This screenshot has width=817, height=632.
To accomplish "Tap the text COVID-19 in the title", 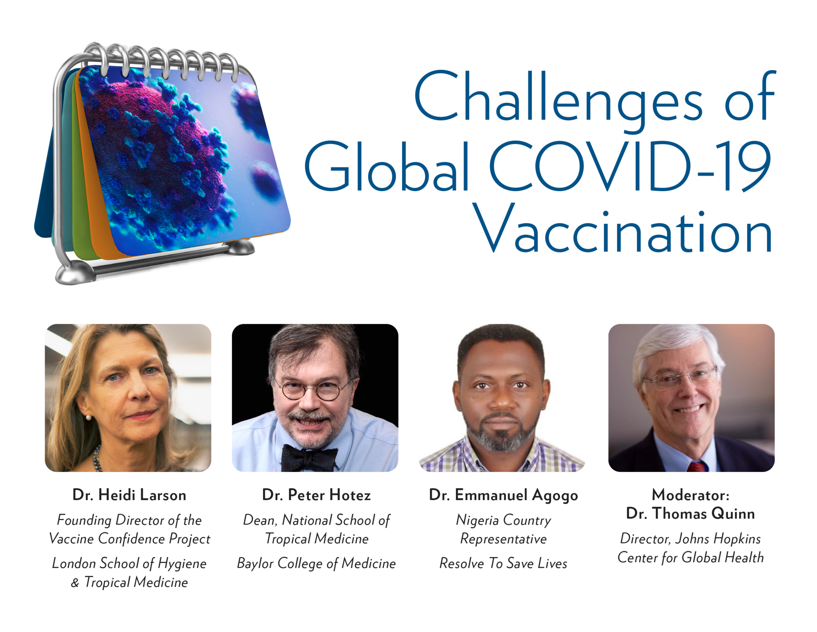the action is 630,166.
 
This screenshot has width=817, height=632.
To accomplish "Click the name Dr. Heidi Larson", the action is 129,495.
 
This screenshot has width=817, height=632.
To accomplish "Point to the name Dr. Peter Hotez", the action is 316,495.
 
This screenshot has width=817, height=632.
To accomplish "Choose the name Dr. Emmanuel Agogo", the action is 503,495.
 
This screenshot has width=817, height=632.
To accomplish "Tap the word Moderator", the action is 690,495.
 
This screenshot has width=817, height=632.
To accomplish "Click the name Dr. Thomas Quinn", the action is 690,513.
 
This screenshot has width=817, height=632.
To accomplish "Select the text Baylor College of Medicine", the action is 316,564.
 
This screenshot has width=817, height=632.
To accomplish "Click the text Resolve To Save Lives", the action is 503,563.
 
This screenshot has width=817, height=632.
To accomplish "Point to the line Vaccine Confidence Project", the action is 130,539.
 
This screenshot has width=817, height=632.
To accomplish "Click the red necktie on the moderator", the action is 697,466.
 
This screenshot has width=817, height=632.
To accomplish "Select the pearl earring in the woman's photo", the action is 88,417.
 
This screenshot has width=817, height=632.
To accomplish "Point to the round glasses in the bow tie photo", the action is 311,389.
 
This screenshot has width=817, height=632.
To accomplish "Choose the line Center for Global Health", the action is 690,557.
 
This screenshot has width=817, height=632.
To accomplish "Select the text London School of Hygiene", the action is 130,564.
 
